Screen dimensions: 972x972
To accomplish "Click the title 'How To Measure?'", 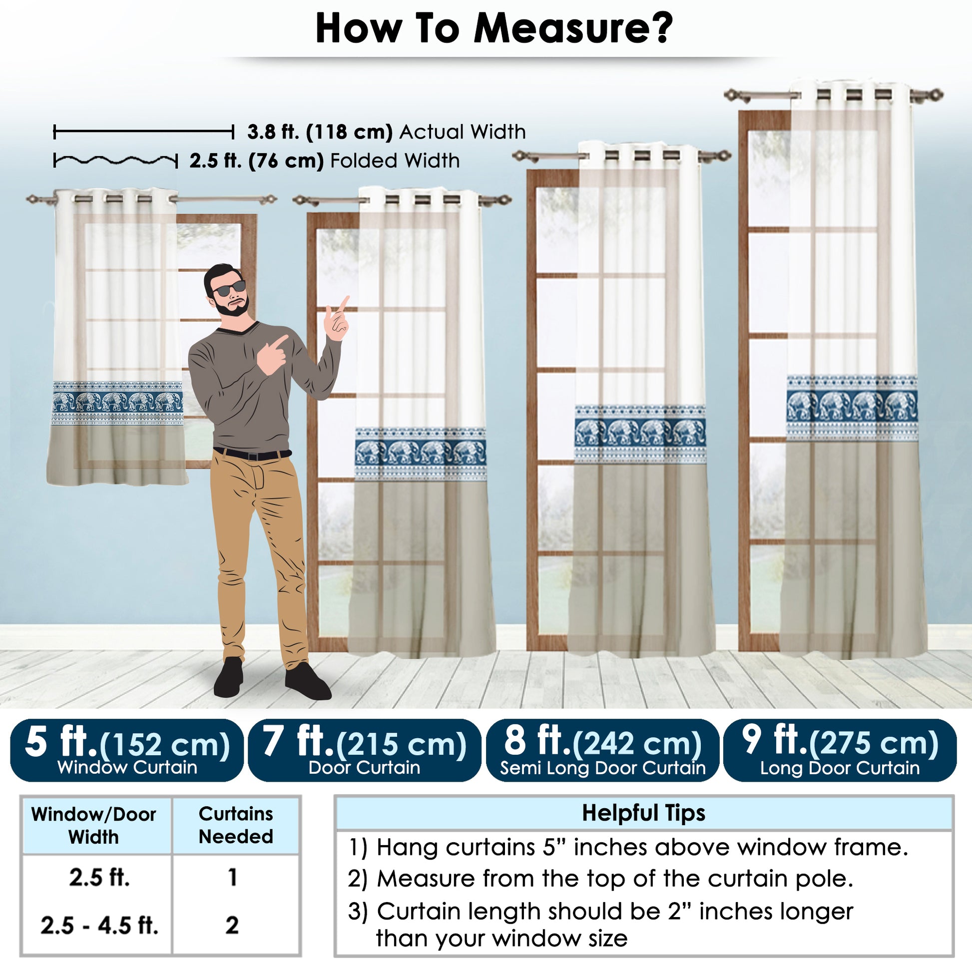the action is [493, 28].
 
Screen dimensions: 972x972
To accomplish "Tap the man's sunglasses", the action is [230, 289].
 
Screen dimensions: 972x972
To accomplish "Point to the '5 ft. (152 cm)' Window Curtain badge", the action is [127, 750].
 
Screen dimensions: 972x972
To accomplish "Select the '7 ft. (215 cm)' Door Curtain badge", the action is [364, 750].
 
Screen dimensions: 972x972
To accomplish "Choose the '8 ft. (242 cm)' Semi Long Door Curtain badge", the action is [602, 750].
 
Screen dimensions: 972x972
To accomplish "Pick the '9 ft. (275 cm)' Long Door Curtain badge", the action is [840, 750].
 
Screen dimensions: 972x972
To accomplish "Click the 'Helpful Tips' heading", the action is [643, 813].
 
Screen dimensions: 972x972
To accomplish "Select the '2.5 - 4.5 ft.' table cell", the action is [99, 926].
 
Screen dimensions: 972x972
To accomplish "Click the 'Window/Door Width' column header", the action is [93, 826].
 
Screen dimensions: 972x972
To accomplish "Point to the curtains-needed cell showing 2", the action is [232, 926].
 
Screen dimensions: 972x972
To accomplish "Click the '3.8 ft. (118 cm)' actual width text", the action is [320, 132].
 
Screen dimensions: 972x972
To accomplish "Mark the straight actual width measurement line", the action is [144, 132].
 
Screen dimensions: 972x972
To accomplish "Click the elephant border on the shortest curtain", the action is [118, 403].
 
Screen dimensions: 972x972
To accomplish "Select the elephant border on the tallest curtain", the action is [852, 408].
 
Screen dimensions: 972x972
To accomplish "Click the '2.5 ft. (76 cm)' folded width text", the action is [257, 161].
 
